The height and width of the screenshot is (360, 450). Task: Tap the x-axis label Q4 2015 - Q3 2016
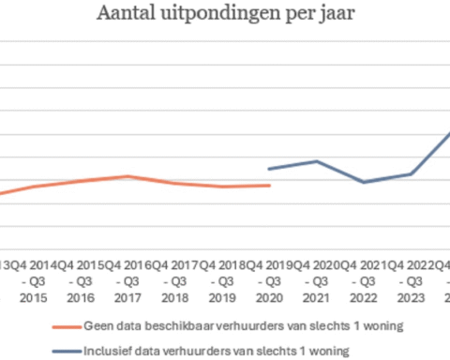coord(80,279)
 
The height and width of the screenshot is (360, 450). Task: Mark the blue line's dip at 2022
coord(365,182)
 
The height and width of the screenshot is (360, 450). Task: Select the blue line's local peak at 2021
coord(317,161)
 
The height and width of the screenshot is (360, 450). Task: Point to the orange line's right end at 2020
coord(270,186)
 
